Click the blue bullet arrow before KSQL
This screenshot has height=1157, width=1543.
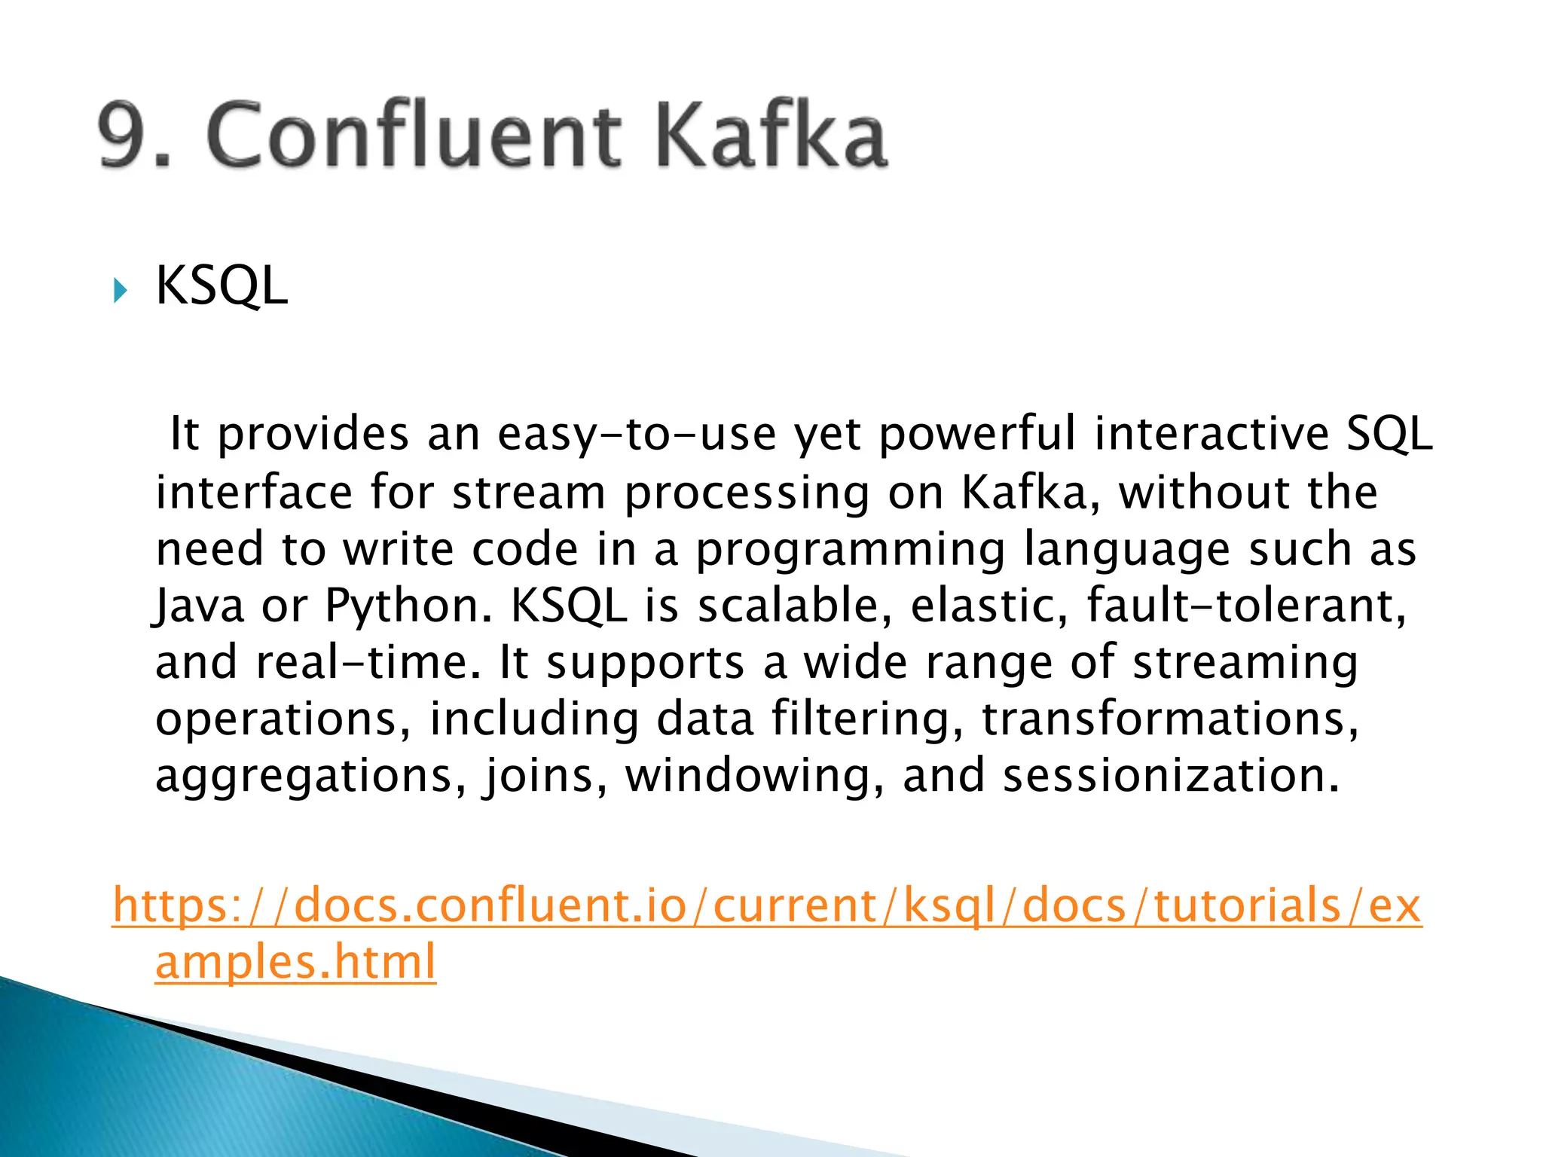(120, 290)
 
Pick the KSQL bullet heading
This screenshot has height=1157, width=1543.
(221, 286)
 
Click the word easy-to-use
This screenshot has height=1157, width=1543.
(637, 435)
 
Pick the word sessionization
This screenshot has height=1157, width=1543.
(1172, 776)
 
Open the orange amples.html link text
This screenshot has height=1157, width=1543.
(295, 962)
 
